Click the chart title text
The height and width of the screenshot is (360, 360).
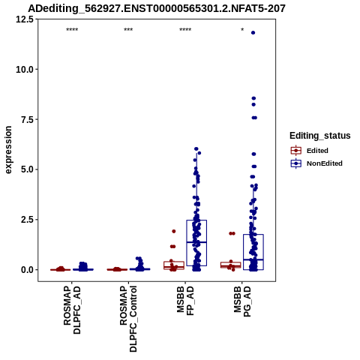click(157, 8)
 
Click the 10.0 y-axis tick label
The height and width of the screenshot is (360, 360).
click(25, 70)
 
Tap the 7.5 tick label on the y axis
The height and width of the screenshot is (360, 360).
click(27, 119)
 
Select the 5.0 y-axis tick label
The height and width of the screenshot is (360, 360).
click(27, 169)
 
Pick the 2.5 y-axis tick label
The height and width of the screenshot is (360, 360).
click(27, 220)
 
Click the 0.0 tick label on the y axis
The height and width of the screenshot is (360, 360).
click(27, 270)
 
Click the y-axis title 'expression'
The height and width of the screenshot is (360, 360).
click(8, 150)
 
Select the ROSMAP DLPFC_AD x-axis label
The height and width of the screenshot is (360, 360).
click(72, 310)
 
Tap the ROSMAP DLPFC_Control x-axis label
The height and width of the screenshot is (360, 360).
click(128, 319)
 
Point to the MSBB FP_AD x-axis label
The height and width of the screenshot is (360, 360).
click(185, 301)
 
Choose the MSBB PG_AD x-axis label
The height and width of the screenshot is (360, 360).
click(242, 301)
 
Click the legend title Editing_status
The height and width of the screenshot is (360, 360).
click(320, 136)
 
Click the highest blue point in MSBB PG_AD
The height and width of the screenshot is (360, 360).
click(253, 33)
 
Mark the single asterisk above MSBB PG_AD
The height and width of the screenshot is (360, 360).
click(242, 30)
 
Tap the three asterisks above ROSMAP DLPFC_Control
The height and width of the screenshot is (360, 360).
click(128, 30)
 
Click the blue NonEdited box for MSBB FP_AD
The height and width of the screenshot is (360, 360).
click(196, 243)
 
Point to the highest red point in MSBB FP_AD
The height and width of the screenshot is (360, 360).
click(174, 231)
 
